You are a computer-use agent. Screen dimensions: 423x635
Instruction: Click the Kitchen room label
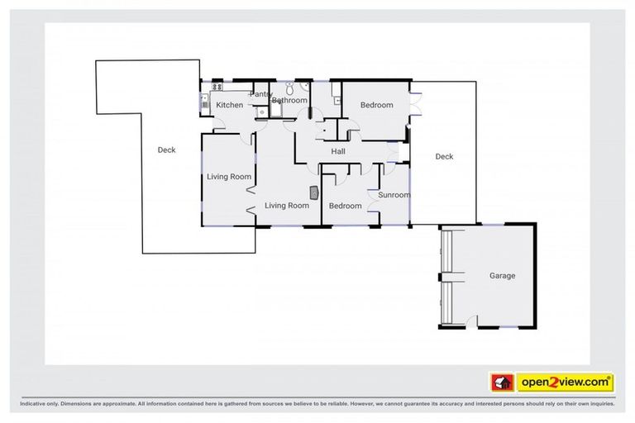coord(230,105)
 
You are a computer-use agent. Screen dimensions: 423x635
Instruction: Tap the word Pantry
coord(260,94)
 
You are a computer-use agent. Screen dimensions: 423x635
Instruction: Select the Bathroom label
coord(289,101)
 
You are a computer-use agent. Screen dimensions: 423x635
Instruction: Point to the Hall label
coord(338,151)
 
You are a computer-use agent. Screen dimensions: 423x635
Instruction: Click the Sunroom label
coord(394,195)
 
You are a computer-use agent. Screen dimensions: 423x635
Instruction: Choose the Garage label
coord(502,276)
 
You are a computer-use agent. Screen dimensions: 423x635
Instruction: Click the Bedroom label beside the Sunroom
coord(345,206)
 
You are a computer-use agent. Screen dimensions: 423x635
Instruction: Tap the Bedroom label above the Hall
coord(376,105)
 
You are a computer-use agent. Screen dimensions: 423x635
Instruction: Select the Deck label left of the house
coord(167,150)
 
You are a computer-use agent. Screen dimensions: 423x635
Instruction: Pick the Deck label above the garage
coord(445,156)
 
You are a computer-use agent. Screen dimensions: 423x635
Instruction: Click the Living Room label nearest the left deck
coord(228,176)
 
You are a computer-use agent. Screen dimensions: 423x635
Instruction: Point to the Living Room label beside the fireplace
coord(286,206)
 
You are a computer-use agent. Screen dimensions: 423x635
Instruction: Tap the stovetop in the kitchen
coord(218,86)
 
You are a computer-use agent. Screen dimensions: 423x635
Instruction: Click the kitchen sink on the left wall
coord(204,102)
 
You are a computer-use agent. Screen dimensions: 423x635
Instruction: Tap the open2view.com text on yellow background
coord(565,383)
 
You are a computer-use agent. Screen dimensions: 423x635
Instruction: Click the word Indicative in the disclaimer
coord(36,404)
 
